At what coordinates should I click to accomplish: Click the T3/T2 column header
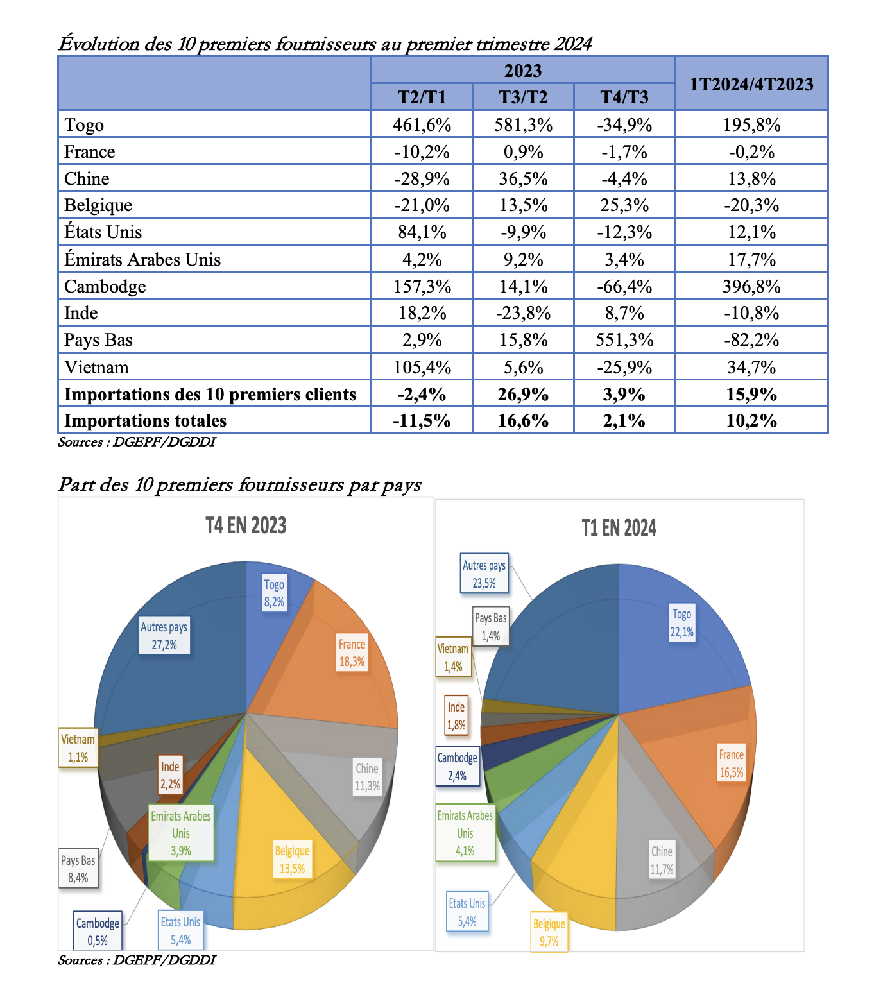[x=523, y=97]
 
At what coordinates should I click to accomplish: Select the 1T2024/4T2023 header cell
[x=751, y=84]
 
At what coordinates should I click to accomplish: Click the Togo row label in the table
[x=84, y=124]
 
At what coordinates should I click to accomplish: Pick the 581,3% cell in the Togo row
[x=523, y=124]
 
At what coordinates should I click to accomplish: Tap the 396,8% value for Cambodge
[x=751, y=286]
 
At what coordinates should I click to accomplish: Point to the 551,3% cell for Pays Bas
[x=624, y=339]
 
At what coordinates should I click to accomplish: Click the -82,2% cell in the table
[x=751, y=339]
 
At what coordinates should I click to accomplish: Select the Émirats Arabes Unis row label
[x=142, y=259]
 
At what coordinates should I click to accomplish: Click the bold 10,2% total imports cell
[x=751, y=421]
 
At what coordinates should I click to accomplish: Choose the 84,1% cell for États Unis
[x=422, y=232]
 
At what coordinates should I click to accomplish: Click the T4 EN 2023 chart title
[x=246, y=525]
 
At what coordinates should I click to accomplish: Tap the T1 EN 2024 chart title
[x=619, y=528]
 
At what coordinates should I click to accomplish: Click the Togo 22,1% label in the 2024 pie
[x=681, y=623]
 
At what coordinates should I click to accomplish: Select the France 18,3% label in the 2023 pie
[x=352, y=652]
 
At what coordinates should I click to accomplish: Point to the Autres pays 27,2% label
[x=164, y=636]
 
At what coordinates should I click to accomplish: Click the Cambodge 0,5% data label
[x=98, y=932]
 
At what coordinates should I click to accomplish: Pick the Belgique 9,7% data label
[x=549, y=932]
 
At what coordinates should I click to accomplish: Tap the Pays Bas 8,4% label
[x=78, y=869]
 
